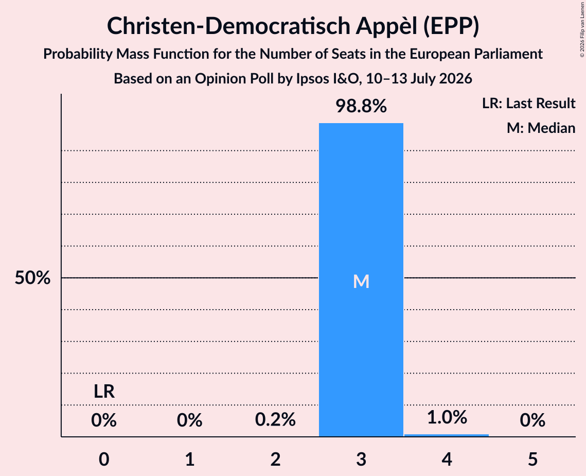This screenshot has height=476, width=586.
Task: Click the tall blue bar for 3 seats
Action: click(x=361, y=280)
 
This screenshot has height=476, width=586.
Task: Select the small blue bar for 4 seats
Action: click(x=447, y=435)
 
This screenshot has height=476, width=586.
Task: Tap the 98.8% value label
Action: click(x=361, y=106)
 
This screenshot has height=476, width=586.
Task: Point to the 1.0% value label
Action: click(x=447, y=417)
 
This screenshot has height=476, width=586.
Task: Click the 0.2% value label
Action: click(x=275, y=419)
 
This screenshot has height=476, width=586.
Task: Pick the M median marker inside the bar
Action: click(x=361, y=281)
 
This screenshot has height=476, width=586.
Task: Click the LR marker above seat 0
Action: click(x=104, y=392)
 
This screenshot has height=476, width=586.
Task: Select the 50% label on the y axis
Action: click(x=32, y=278)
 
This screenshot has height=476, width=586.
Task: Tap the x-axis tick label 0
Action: click(x=104, y=459)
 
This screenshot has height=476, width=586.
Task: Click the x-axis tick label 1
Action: click(x=190, y=459)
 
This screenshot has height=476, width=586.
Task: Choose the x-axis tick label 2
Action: click(x=275, y=459)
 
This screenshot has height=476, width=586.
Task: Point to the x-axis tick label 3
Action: click(x=361, y=459)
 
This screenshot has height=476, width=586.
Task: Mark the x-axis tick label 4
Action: click(x=447, y=459)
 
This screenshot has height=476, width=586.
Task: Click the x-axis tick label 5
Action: click(x=532, y=459)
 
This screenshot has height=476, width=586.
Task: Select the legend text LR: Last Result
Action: click(x=529, y=103)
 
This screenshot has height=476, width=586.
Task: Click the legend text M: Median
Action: click(x=541, y=128)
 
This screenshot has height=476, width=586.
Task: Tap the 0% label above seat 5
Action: click(x=532, y=420)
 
